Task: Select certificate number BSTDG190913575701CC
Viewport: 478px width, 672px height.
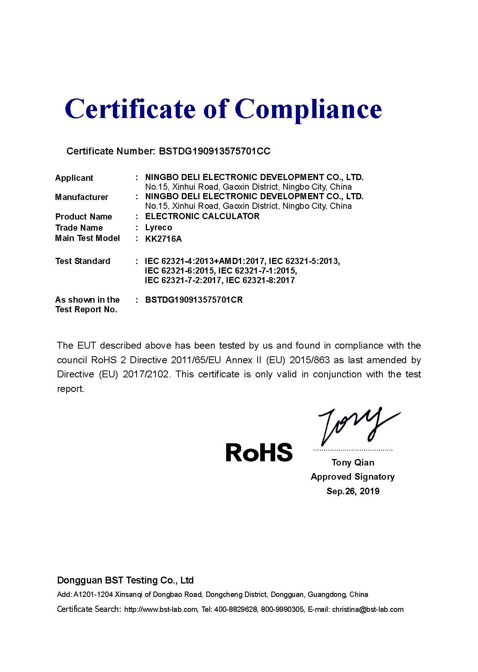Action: point(214,151)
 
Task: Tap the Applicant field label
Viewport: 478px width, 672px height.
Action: point(74,178)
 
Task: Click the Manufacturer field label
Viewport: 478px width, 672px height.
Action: point(82,197)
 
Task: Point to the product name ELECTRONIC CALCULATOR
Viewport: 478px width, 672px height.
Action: point(202,216)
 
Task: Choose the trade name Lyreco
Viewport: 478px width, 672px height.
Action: point(158,228)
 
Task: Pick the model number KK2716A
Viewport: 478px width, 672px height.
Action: point(163,239)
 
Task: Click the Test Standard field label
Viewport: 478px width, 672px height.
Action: point(83,261)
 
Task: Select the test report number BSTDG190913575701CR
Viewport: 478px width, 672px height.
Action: point(194,300)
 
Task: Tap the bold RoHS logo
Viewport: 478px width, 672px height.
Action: point(259,452)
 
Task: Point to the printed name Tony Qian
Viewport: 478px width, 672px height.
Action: point(353,463)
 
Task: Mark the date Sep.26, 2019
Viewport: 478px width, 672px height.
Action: point(353,491)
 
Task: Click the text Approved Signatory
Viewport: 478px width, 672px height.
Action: point(352,477)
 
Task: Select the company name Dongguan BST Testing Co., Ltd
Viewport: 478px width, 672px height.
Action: point(125,580)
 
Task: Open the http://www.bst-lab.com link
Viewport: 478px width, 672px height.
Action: point(161,610)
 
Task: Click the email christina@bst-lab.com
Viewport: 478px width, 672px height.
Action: point(368,610)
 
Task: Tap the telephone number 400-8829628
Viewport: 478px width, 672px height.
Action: point(235,610)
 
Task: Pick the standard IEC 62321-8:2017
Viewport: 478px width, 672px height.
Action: point(260,280)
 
